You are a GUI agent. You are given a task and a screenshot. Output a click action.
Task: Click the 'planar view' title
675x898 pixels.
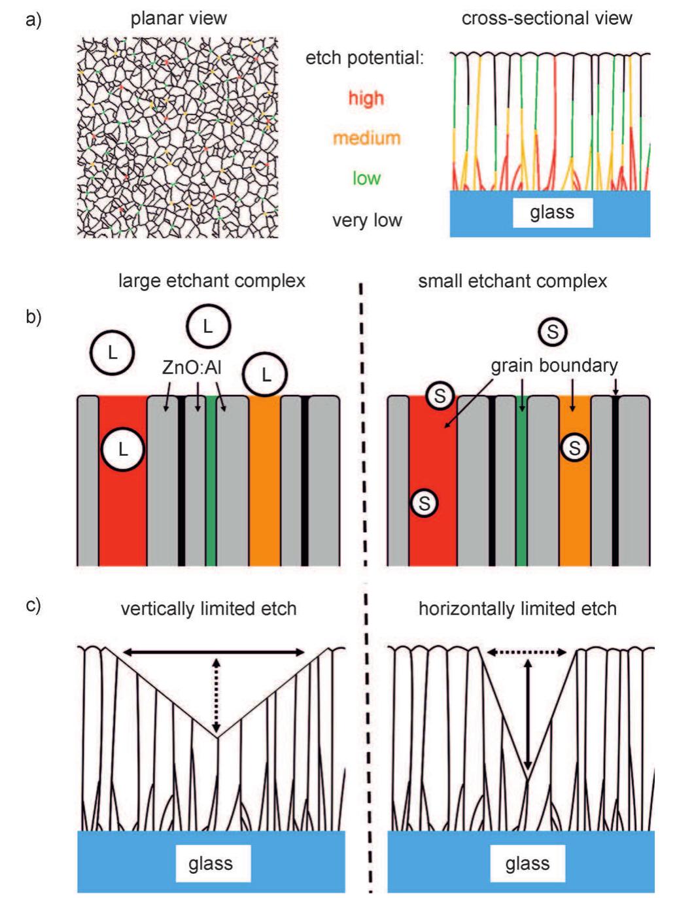click(179, 18)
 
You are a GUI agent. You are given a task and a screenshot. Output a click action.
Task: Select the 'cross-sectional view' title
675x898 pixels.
click(547, 18)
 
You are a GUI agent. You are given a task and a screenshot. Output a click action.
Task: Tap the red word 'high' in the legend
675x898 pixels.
click(366, 98)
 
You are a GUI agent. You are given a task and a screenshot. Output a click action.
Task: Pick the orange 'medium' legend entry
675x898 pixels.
click(366, 138)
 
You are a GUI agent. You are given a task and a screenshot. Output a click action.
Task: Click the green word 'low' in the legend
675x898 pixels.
click(366, 179)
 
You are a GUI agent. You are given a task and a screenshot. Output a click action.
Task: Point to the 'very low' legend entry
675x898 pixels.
click(366, 220)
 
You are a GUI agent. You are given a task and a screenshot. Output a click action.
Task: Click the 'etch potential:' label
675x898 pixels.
click(364, 58)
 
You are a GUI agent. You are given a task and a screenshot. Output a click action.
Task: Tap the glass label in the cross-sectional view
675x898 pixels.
click(552, 212)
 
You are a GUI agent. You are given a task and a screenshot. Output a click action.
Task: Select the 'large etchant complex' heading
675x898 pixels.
click(211, 281)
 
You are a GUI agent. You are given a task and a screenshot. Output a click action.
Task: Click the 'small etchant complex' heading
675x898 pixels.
click(512, 281)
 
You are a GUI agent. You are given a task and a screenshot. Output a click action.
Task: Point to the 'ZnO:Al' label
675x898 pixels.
click(192, 368)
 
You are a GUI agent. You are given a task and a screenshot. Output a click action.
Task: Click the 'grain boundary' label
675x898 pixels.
click(554, 365)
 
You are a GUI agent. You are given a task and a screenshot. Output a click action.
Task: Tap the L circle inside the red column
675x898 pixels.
click(122, 449)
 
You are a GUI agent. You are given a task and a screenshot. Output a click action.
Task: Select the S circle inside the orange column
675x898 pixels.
click(574, 448)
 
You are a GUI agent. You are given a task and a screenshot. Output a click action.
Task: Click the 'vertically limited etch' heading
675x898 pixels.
click(209, 608)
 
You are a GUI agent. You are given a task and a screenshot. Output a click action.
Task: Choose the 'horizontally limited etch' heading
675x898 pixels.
click(517, 608)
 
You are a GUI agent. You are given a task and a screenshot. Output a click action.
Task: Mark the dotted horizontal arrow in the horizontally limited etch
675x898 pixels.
click(527, 652)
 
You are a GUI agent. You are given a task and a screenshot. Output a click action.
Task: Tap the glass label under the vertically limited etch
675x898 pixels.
click(210, 863)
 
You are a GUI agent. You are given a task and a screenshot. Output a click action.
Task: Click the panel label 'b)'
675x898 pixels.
click(33, 318)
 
